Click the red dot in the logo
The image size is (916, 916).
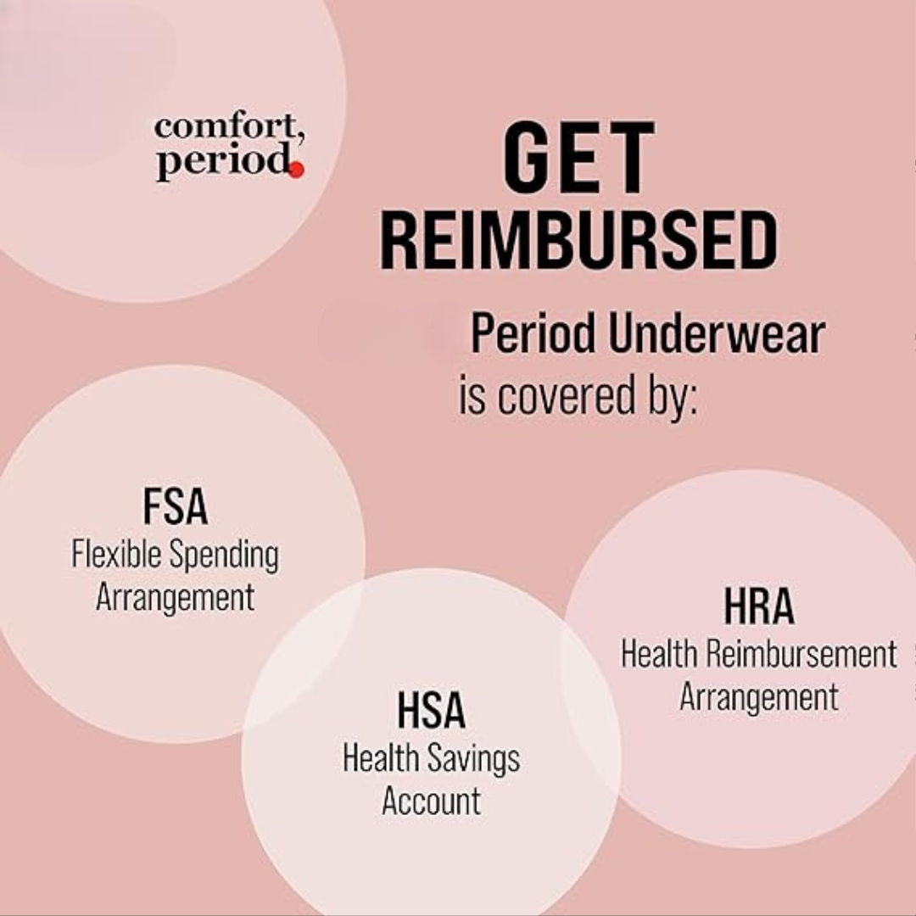[297, 170]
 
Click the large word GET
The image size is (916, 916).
[578, 157]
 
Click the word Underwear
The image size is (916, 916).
[716, 334]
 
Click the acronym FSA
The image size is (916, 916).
[176, 506]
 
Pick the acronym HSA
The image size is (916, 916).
[431, 710]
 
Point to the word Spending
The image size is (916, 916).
[224, 556]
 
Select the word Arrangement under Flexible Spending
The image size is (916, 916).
[176, 598]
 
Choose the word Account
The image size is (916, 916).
[431, 801]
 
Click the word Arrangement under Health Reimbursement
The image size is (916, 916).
[759, 697]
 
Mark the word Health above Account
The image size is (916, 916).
[380, 757]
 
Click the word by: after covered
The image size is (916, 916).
[673, 397]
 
